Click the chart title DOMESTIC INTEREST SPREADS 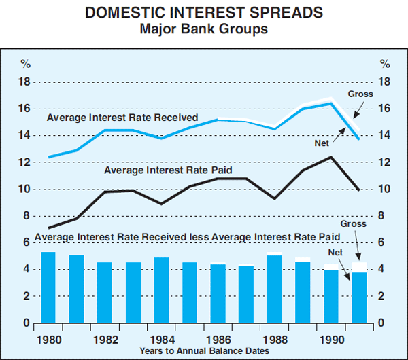(204, 13)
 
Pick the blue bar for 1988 (274, 289)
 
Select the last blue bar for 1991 (359, 298)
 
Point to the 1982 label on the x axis (105, 337)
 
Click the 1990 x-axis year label (330, 337)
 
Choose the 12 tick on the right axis (385, 162)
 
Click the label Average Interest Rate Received (122, 118)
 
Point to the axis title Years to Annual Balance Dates (204, 349)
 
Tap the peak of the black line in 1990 (330, 157)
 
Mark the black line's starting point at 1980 (48, 228)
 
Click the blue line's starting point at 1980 (48, 157)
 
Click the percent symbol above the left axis (25, 65)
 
